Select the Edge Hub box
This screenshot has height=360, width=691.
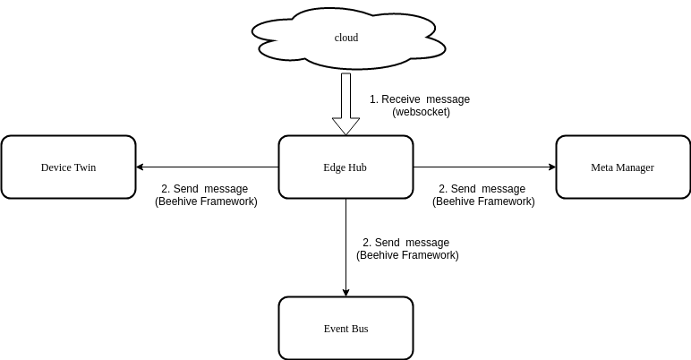[345, 184]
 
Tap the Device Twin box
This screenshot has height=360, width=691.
[68, 184]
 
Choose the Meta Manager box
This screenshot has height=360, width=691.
[623, 184]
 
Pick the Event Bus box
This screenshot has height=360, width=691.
[345, 345]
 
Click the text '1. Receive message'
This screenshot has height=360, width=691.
[419, 99]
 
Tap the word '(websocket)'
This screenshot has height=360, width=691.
[421, 112]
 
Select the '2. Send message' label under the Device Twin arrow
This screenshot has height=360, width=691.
[204, 189]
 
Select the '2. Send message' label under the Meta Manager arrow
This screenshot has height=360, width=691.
[482, 189]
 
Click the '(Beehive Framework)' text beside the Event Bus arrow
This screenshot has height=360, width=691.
[407, 255]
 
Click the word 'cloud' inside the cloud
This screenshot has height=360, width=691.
[345, 38]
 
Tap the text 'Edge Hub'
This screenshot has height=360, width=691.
[345, 167]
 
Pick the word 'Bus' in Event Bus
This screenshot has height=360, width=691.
[359, 329]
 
